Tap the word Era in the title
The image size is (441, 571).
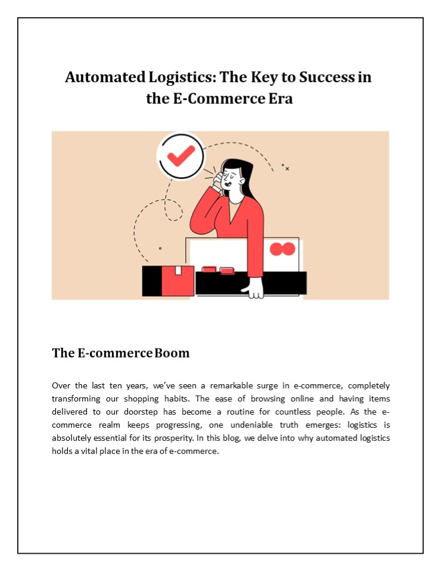click(x=278, y=98)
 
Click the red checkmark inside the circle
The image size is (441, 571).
click(x=180, y=156)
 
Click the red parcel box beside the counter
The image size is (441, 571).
click(x=177, y=280)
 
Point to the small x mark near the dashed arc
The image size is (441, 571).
click(x=287, y=169)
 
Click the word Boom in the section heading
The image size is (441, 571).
click(x=172, y=353)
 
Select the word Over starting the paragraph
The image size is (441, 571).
click(x=62, y=386)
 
